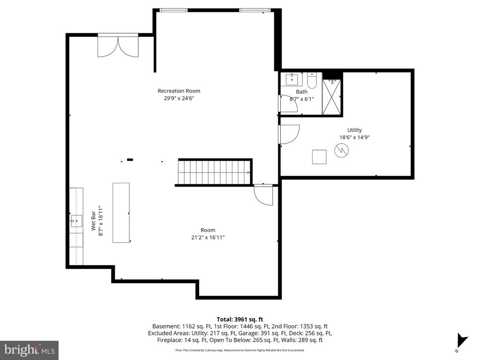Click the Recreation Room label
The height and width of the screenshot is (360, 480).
coord(179,91)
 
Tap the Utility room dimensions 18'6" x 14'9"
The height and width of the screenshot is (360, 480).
coord(354,138)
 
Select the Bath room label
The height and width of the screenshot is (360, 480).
coord(301,92)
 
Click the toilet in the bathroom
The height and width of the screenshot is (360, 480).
coord(312,80)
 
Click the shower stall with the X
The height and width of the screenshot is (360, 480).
coord(332,97)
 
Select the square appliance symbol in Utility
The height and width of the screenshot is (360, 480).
coord(320,157)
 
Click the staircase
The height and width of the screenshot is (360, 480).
coord(215,172)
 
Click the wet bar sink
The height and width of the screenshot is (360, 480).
coord(76,221)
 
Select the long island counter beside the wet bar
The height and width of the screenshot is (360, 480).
coord(121,212)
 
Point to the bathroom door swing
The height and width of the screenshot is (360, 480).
coord(288,104)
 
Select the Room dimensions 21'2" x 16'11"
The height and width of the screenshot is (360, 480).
coord(208,238)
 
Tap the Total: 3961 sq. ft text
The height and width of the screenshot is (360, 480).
coord(240,319)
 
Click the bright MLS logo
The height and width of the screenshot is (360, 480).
coord(29,350)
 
